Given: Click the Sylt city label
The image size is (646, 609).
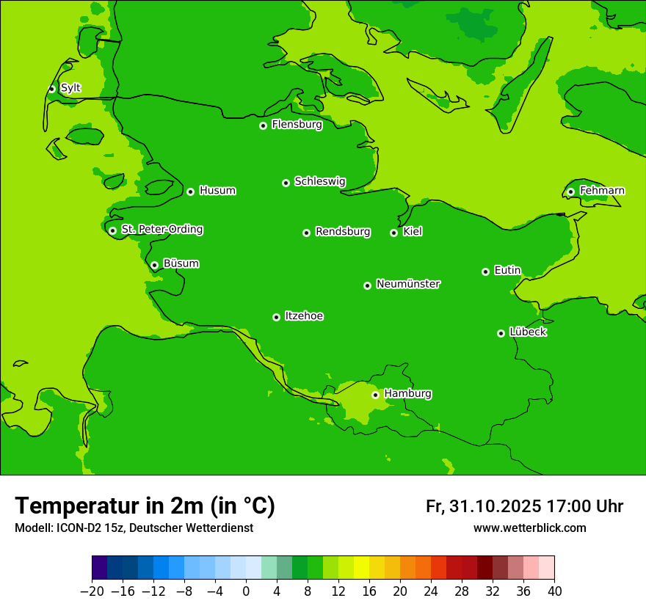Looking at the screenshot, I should click(70, 88).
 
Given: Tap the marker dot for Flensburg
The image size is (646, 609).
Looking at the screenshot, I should click(263, 125).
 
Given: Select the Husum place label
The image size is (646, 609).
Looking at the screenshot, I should click(217, 191).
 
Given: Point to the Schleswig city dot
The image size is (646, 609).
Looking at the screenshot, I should click(286, 183).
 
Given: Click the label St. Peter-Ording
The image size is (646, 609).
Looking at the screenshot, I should click(161, 230).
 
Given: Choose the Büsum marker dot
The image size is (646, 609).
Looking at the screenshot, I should click(154, 265).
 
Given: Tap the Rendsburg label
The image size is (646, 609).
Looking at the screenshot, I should click(342, 232).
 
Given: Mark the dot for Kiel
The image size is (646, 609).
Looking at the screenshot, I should click(393, 233).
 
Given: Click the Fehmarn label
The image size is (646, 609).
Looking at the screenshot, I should click(602, 191).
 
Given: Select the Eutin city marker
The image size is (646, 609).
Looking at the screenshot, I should click(485, 271).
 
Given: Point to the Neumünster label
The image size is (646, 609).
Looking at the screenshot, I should click(408, 284).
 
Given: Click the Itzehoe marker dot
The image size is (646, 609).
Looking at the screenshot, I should click(276, 317).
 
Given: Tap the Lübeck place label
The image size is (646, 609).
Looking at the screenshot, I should click(528, 332).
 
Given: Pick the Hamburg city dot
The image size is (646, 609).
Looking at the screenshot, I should click(375, 395).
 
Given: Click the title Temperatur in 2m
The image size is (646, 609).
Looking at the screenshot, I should click(145, 506).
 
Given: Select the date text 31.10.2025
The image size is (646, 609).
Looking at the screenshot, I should click(496, 506).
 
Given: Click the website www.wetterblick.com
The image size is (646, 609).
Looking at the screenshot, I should click(529, 528).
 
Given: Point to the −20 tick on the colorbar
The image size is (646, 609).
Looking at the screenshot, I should click(92, 591).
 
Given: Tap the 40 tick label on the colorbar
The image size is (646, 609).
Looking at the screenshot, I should click(554, 591).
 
